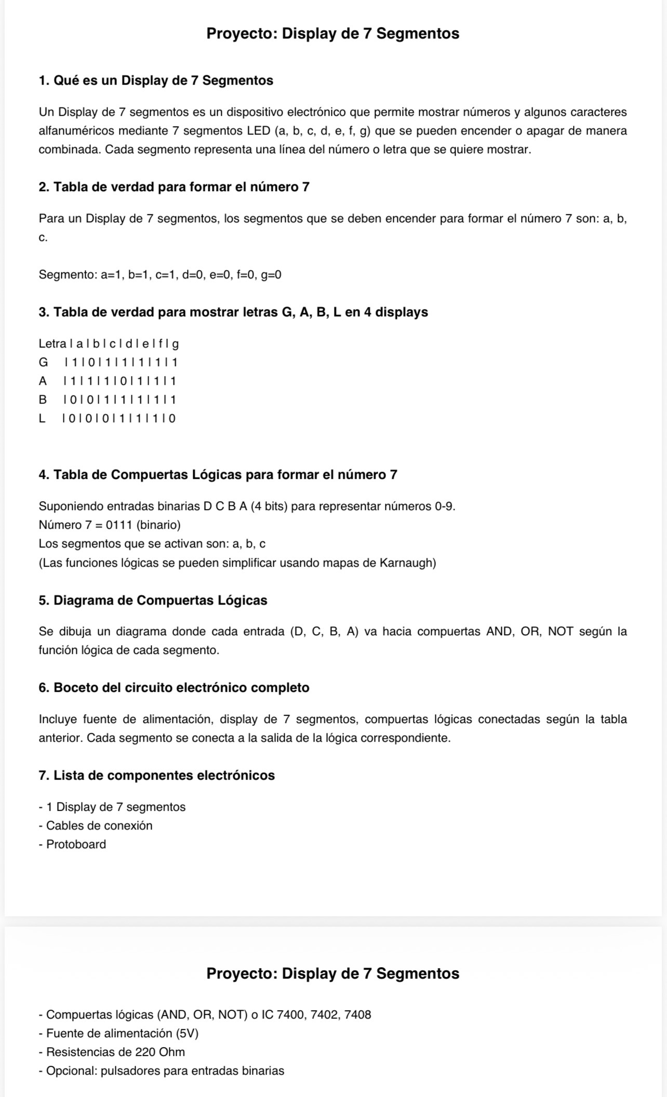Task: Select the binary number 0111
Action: click(x=119, y=525)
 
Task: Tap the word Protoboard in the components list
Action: click(x=76, y=844)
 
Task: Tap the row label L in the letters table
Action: click(x=42, y=418)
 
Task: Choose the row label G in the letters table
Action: click(x=43, y=362)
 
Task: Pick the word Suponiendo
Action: click(x=71, y=506)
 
